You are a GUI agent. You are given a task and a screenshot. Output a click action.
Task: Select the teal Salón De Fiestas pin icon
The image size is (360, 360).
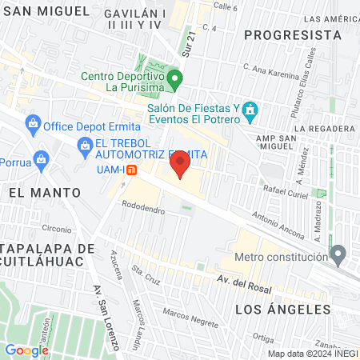(250, 110)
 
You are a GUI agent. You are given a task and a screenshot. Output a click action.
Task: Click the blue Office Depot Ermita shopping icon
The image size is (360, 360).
(33, 125)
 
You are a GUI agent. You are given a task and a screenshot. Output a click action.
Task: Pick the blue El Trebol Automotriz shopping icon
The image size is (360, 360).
(84, 145)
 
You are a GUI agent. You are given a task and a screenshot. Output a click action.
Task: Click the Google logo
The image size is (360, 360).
(27, 350)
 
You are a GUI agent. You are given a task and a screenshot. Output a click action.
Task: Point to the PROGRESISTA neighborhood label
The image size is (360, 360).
(287, 35)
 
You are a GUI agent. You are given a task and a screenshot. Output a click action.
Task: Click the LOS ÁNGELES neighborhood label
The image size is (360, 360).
(282, 308)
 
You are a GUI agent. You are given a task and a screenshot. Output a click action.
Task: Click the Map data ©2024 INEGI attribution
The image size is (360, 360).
(312, 353)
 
